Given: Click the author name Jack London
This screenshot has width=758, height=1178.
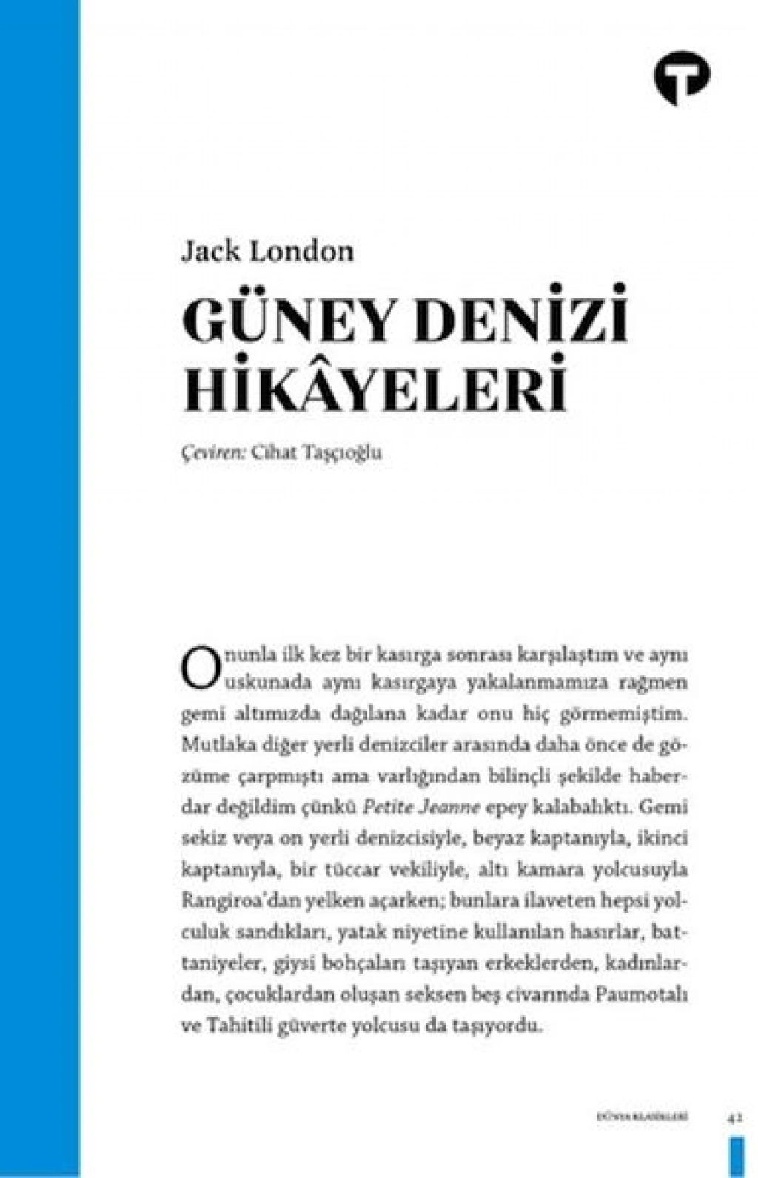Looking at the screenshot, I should (x=267, y=251).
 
